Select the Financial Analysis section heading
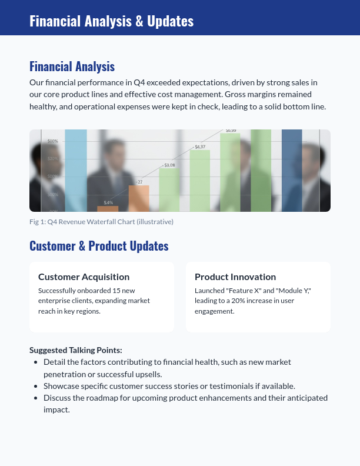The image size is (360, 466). (x=72, y=66)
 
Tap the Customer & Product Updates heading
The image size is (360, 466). (x=99, y=246)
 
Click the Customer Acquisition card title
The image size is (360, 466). (x=84, y=277)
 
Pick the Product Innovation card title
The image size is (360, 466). (x=235, y=277)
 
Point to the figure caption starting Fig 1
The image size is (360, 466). (x=101, y=222)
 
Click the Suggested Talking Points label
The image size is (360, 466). (x=75, y=350)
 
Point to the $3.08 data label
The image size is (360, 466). (x=169, y=165)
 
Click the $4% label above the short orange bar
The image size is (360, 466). (x=108, y=202)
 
